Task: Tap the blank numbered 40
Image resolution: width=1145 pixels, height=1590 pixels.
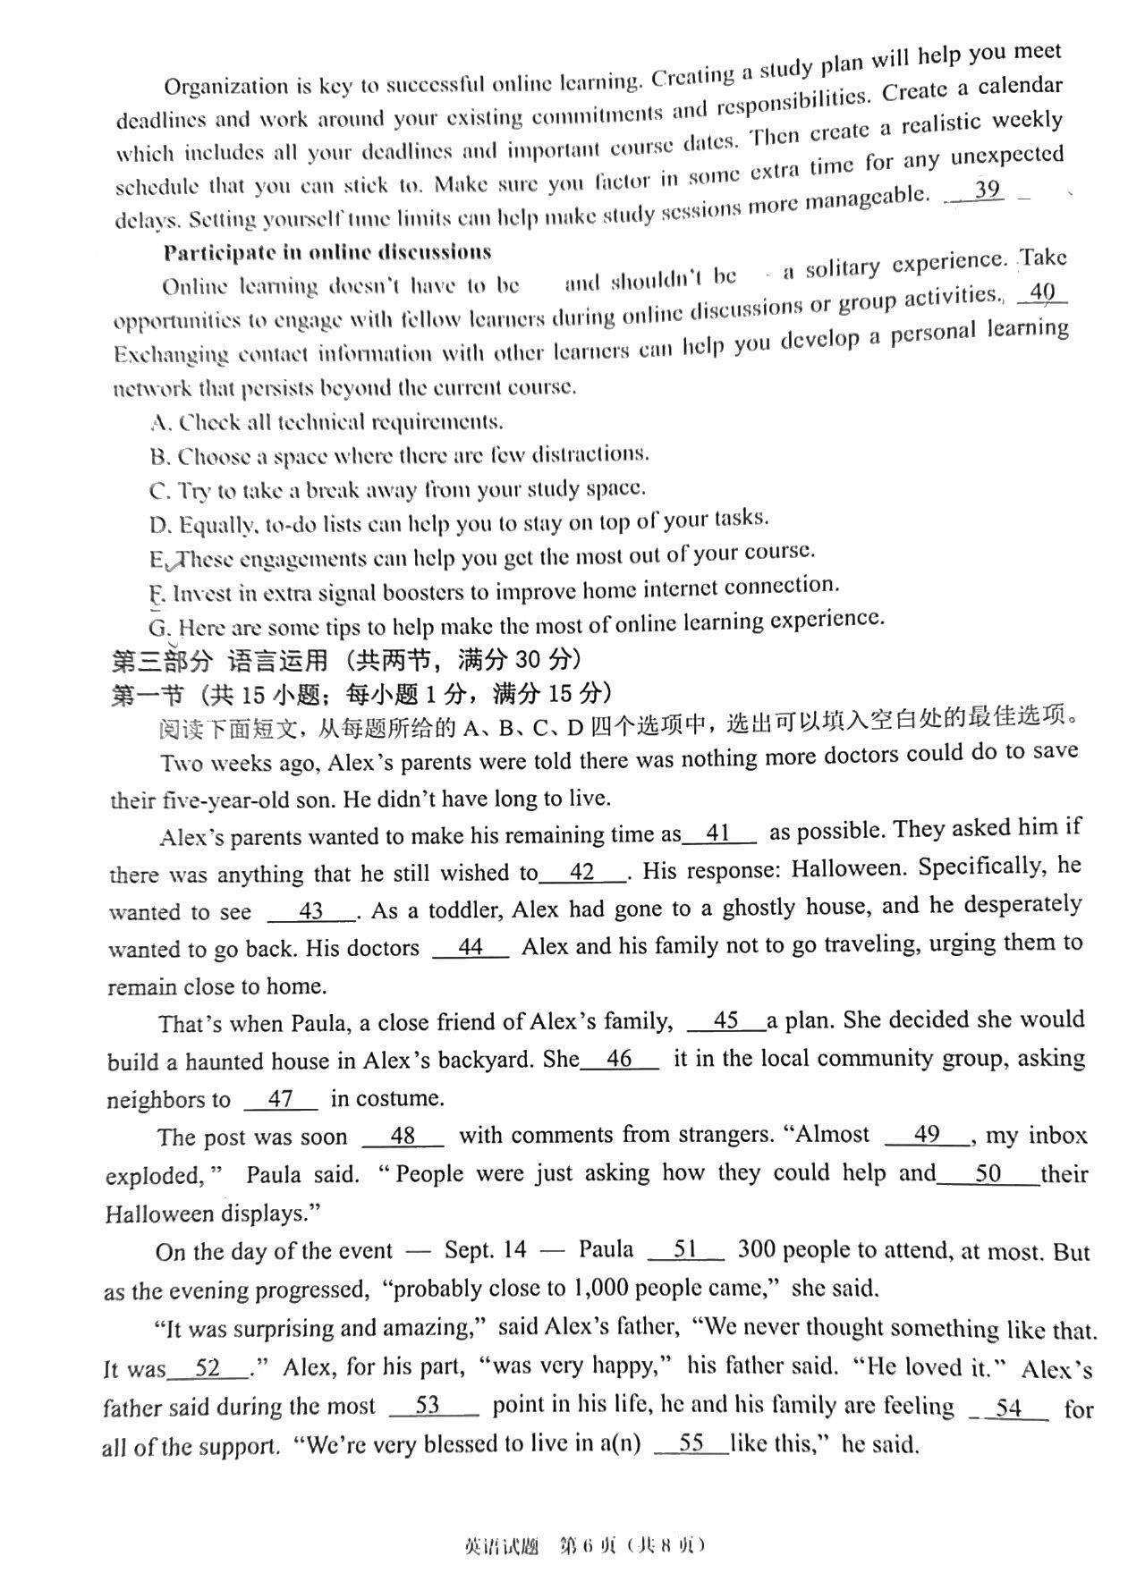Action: [1042, 292]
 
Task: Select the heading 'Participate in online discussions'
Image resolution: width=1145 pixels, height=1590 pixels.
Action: [327, 252]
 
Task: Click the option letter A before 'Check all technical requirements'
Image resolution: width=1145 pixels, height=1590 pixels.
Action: [160, 422]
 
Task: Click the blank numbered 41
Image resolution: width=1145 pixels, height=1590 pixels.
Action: [719, 833]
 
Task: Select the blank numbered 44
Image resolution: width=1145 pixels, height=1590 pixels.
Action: [471, 947]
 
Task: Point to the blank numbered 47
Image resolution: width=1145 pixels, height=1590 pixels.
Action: [280, 1099]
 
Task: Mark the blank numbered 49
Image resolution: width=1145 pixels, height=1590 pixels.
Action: [927, 1135]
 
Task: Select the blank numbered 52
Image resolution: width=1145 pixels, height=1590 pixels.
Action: [208, 1368]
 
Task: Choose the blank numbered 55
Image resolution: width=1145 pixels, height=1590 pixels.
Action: [691, 1442]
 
